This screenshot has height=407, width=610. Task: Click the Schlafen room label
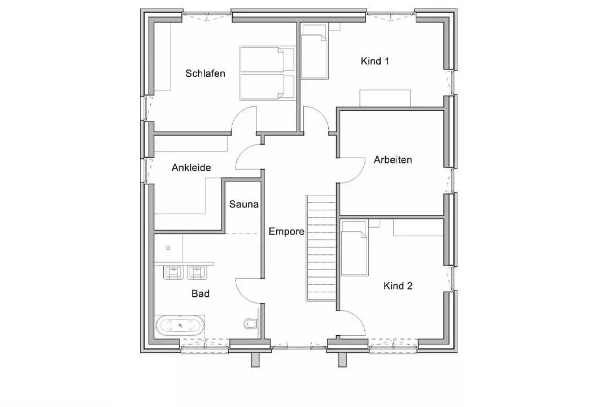click(x=205, y=73)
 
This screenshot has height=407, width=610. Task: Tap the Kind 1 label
click(x=374, y=60)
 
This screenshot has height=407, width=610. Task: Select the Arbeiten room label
click(x=393, y=159)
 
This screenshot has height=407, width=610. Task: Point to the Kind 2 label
click(x=398, y=286)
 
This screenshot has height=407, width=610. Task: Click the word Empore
click(x=286, y=232)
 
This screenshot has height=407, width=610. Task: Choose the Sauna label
click(x=243, y=204)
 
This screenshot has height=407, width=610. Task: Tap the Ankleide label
click(x=191, y=168)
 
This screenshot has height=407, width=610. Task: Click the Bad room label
click(x=201, y=294)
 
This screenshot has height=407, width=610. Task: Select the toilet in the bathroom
click(x=251, y=323)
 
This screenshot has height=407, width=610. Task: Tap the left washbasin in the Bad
click(x=173, y=272)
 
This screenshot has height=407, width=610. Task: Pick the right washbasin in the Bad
click(x=197, y=272)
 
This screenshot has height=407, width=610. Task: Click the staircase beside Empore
click(x=321, y=248)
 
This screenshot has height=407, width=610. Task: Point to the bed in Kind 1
click(x=315, y=52)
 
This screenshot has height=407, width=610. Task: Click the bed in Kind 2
click(x=354, y=249)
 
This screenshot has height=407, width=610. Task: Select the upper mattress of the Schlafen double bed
click(x=267, y=60)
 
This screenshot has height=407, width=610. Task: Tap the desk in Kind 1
click(x=385, y=98)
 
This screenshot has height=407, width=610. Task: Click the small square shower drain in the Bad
click(x=168, y=248)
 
